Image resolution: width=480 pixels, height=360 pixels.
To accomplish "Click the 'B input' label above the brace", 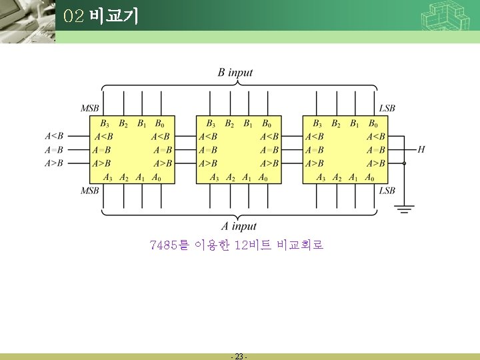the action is pyautogui.click(x=235, y=72).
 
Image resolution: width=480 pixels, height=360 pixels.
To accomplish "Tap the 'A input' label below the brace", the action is pyautogui.click(x=239, y=226).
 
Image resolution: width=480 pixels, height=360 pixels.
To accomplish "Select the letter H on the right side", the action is pyautogui.click(x=421, y=149).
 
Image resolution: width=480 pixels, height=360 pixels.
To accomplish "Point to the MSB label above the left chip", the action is pyautogui.click(x=91, y=108).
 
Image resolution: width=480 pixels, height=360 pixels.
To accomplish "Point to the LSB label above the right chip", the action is pyautogui.click(x=387, y=108).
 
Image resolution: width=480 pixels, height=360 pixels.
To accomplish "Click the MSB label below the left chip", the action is pyautogui.click(x=91, y=191).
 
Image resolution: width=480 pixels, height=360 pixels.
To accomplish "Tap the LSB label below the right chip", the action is pyautogui.click(x=387, y=191).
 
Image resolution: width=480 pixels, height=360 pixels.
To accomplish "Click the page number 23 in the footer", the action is pyautogui.click(x=239, y=357).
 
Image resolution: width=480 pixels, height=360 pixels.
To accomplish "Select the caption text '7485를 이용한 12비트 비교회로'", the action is pyautogui.click(x=237, y=245).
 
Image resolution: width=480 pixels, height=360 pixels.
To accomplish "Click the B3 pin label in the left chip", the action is pyautogui.click(x=105, y=123).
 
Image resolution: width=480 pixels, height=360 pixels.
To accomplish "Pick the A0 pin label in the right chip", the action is pyautogui.click(x=369, y=177).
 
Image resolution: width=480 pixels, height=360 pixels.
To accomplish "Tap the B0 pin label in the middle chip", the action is pyautogui.click(x=266, y=123).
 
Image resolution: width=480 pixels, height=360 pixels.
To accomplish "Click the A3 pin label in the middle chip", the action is pyautogui.click(x=214, y=177).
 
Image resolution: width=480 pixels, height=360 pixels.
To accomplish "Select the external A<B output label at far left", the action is pyautogui.click(x=54, y=137).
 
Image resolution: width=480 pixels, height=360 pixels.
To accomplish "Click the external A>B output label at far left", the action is pyautogui.click(x=54, y=163).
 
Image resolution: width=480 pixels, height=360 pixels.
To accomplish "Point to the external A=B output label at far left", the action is pyautogui.click(x=54, y=149).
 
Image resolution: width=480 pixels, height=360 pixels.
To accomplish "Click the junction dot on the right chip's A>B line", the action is pyautogui.click(x=405, y=163).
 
